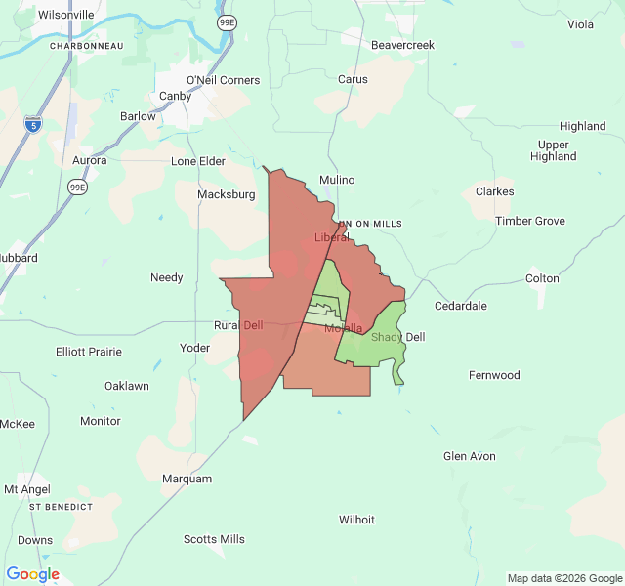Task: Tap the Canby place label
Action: tap(176, 97)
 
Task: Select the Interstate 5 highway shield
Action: tap(32, 124)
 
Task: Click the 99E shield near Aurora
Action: tap(78, 186)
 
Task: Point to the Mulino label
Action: tap(337, 180)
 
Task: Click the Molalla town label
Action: tap(344, 328)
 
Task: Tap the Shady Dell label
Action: tap(398, 338)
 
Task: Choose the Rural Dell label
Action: tap(238, 326)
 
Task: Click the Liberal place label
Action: tap(332, 237)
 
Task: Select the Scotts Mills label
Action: tap(214, 539)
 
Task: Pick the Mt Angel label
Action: tap(26, 489)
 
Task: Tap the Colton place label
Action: tap(542, 278)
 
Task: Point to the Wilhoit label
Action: tap(356, 520)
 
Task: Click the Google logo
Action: tap(32, 574)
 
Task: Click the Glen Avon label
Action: tap(469, 456)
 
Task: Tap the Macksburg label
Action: tap(226, 194)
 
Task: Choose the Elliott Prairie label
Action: tap(89, 352)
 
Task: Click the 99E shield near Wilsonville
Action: tap(227, 21)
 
